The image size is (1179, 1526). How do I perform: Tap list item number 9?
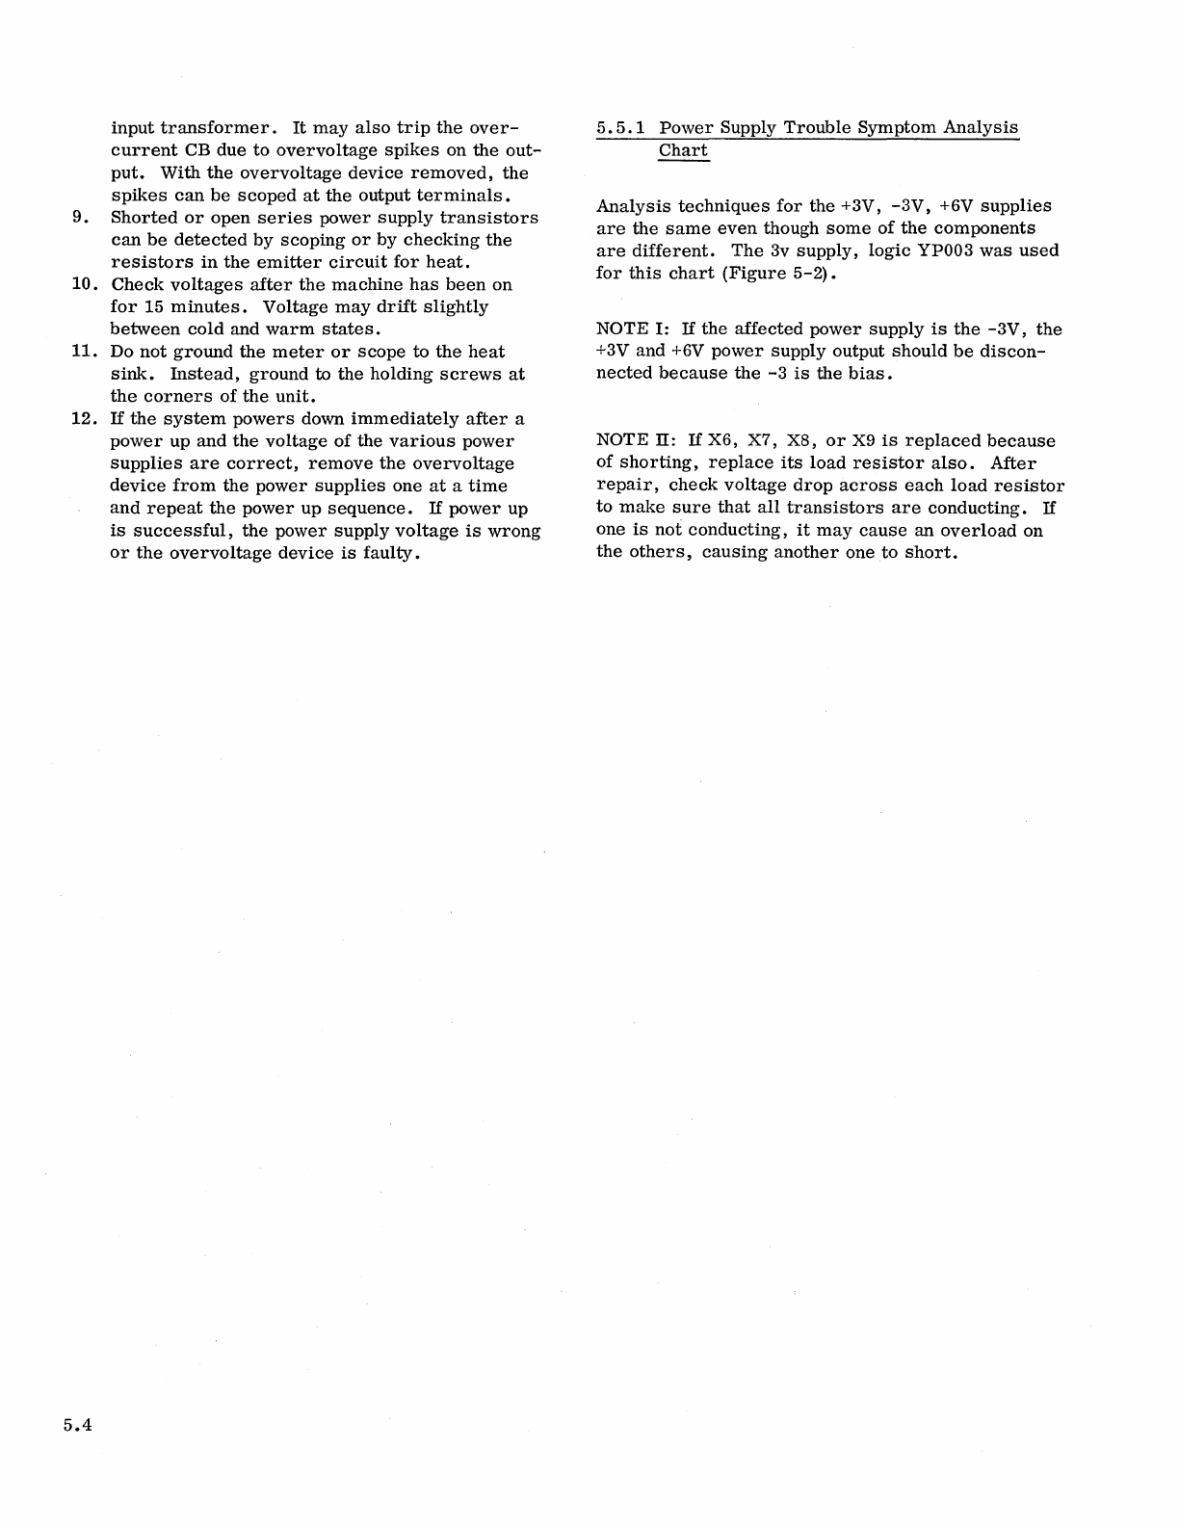click(x=81, y=218)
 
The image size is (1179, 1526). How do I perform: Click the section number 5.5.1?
click(x=621, y=128)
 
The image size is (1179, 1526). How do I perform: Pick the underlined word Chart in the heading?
click(x=683, y=151)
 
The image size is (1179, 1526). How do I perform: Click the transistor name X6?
click(x=721, y=441)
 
